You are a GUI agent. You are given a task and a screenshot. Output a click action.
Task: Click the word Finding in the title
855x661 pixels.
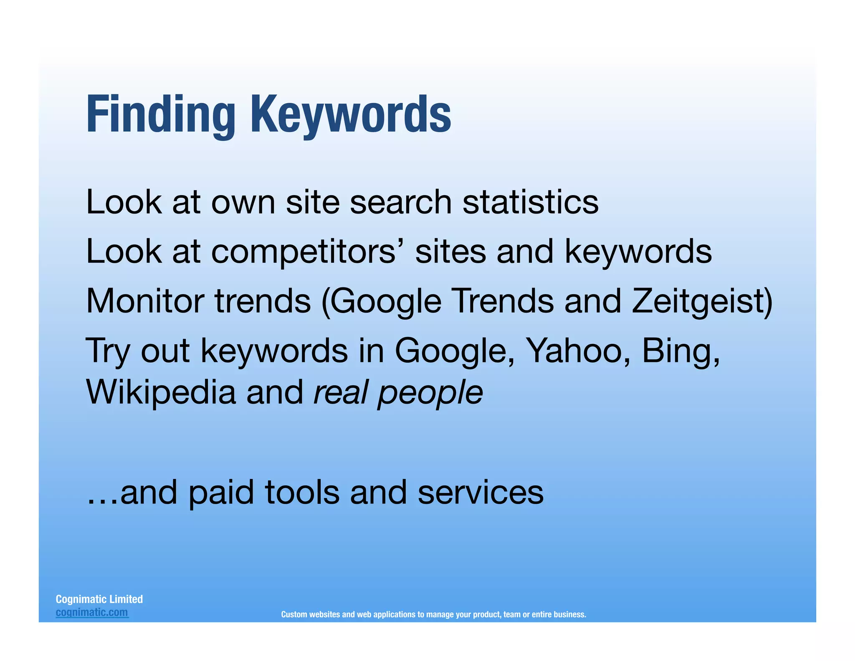[161, 114]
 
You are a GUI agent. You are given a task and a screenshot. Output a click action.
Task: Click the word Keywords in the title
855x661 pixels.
[351, 114]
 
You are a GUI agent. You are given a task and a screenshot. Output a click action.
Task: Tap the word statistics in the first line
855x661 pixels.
[530, 202]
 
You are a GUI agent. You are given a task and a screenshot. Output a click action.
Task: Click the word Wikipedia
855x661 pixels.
[161, 393]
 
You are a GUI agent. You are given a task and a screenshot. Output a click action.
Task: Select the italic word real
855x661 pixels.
[340, 393]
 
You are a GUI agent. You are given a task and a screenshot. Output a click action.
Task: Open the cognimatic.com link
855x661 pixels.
[92, 613]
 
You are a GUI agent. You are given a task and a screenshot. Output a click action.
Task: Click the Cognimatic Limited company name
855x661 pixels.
[99, 599]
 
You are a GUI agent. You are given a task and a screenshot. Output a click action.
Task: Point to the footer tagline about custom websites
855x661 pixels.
[433, 614]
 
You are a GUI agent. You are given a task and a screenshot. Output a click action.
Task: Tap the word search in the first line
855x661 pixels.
[401, 202]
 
